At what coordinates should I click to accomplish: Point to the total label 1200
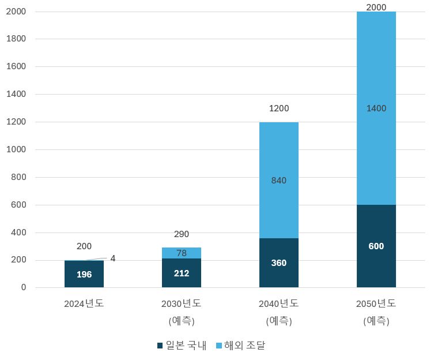click(278, 108)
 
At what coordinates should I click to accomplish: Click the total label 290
click(181, 234)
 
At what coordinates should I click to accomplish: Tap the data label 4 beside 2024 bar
click(113, 258)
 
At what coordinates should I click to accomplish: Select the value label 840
click(278, 181)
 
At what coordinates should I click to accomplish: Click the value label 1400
click(376, 108)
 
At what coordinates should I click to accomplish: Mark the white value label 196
click(84, 275)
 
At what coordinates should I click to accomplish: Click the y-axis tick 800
click(18, 177)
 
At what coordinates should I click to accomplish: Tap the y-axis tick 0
click(23, 287)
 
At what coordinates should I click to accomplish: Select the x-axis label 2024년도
click(84, 303)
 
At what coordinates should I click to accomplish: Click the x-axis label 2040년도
click(278, 303)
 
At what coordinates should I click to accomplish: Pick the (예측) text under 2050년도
click(376, 321)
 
